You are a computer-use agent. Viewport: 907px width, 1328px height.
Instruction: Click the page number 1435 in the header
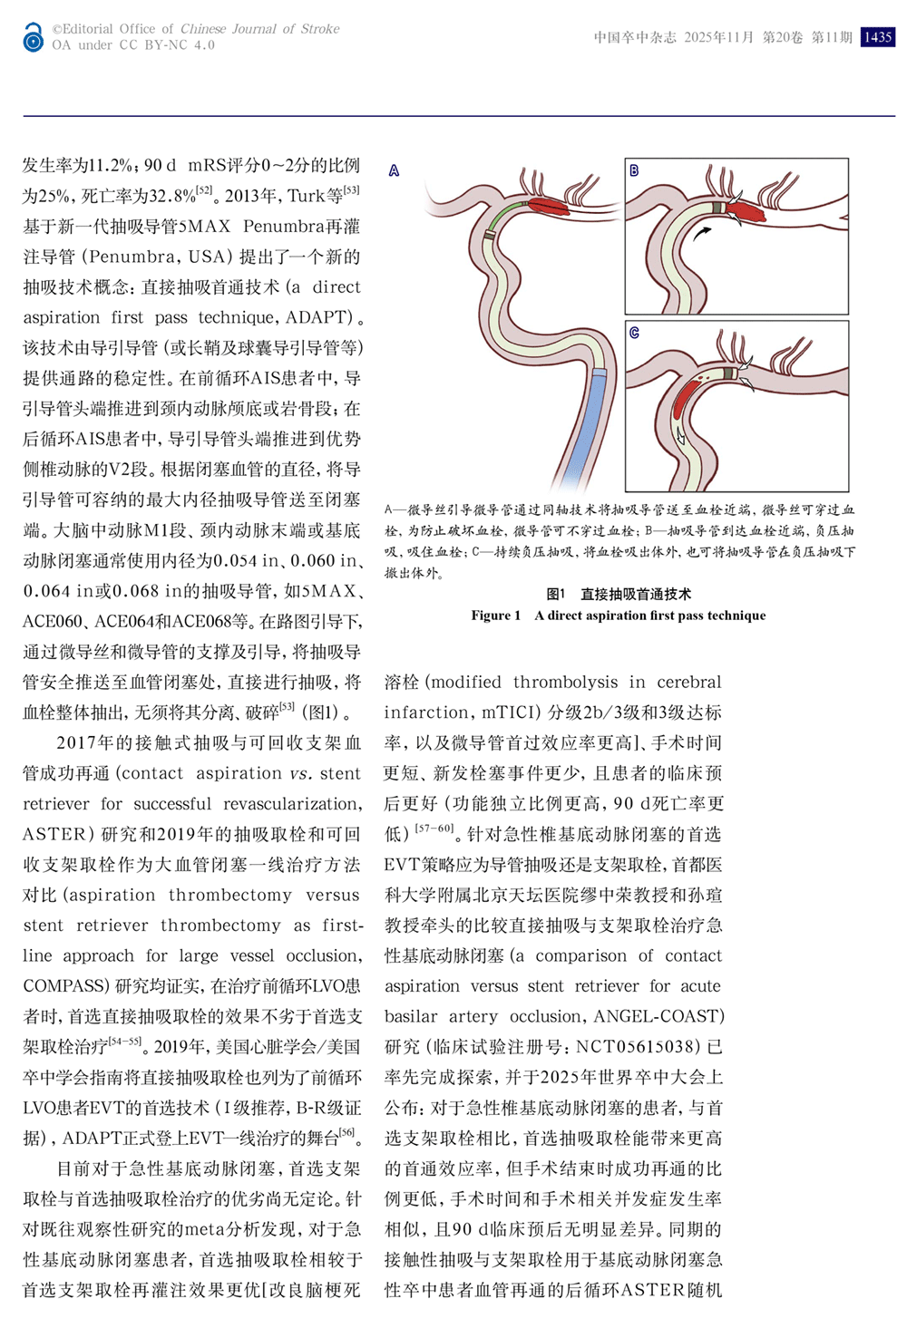[x=877, y=37]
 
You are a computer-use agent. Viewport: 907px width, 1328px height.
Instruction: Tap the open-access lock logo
[x=34, y=37]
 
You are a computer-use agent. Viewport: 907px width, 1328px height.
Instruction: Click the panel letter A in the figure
[x=394, y=170]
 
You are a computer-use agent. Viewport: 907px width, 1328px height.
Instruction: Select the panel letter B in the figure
[x=634, y=170]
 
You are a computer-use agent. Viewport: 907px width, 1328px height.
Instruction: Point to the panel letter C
[x=634, y=333]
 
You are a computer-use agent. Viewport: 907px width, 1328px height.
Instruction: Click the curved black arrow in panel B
[x=701, y=233]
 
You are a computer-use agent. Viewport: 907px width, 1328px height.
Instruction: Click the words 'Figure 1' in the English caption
[x=495, y=616]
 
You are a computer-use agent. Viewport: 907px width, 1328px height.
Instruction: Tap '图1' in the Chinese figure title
[x=556, y=595]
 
